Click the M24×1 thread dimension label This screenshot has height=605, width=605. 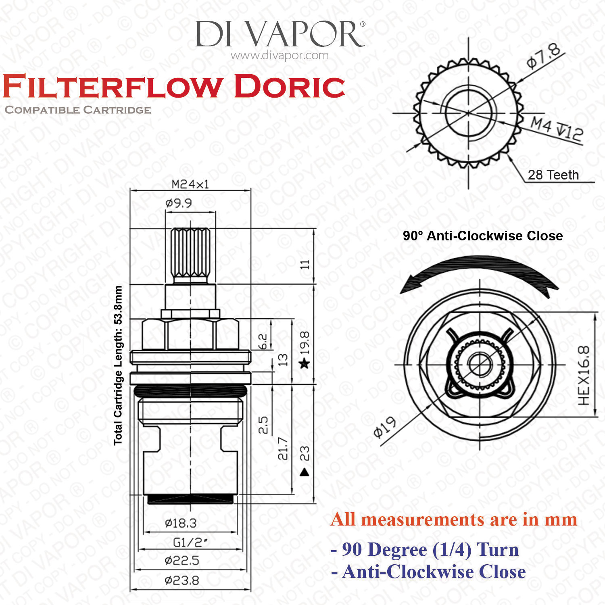coord(190,184)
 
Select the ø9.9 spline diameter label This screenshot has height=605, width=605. coord(178,203)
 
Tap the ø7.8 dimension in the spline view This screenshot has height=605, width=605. coord(543,57)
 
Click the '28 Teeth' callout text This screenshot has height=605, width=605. coord(553,175)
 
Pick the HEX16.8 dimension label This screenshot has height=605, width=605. coord(584,376)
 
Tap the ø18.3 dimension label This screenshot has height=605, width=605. coord(181,523)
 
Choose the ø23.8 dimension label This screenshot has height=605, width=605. coord(182,580)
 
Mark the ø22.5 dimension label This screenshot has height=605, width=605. coord(182,561)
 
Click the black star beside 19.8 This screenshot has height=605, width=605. coord(305,364)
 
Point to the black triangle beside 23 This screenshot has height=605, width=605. coord(305,472)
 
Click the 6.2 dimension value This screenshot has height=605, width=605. coord(262,342)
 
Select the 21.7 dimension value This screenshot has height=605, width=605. coord(283,448)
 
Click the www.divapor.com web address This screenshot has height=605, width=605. coord(280,55)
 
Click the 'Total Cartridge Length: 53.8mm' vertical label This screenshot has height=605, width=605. coord(118,365)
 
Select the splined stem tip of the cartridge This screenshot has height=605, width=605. coord(190,254)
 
